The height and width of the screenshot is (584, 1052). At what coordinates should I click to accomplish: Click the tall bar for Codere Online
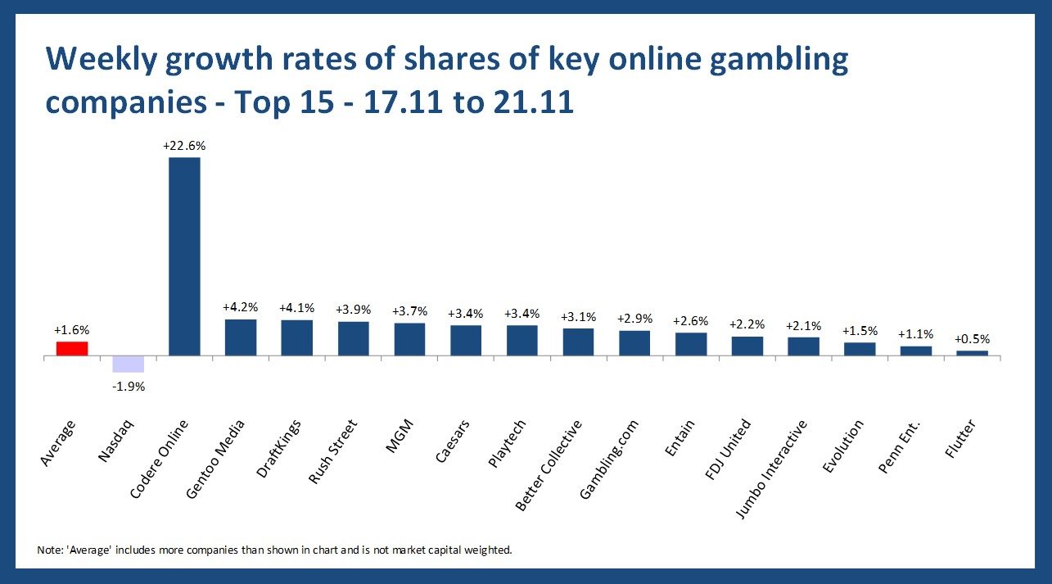184,256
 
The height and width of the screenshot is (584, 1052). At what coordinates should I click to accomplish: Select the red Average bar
72,348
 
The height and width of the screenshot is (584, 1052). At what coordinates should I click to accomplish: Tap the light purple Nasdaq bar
128,364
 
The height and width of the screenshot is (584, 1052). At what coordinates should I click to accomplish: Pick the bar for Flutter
972,353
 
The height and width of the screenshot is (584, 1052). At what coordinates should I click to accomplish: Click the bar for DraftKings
296,337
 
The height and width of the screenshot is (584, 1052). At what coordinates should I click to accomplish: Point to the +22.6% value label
184,146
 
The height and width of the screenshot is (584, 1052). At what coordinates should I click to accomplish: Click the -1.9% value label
128,387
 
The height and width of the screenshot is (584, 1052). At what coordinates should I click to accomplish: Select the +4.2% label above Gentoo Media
241,308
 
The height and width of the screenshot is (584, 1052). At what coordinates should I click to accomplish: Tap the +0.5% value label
972,339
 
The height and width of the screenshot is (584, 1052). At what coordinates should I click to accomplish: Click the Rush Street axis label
333,451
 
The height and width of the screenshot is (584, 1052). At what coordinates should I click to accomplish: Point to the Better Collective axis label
549,464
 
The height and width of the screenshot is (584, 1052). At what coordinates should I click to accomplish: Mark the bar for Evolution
860,348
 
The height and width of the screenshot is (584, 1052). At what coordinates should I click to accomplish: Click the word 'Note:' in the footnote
51,550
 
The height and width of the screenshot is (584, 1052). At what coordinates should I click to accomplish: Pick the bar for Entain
691,343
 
